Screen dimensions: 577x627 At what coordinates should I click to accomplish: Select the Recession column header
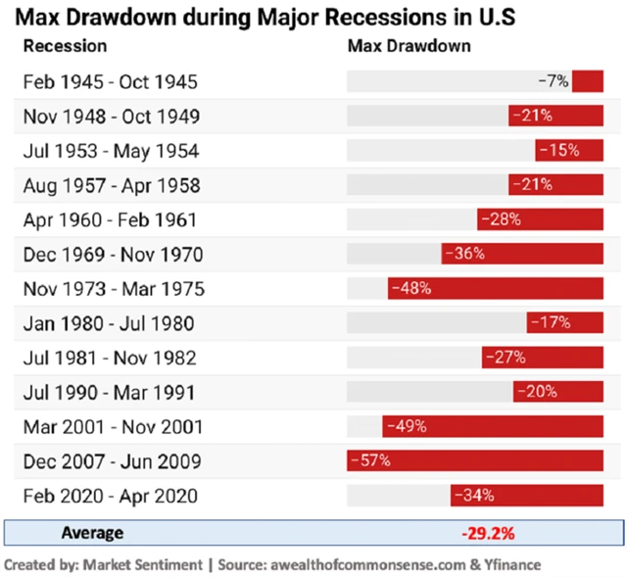[x=65, y=46]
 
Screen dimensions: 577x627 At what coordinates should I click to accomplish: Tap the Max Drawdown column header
[x=410, y=46]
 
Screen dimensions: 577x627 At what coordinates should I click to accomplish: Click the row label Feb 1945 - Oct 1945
[x=111, y=81]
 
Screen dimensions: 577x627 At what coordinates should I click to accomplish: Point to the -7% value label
[x=554, y=81]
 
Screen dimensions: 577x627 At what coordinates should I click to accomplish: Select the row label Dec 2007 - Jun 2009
[x=112, y=460]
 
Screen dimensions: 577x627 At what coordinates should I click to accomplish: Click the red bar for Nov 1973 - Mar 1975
[x=496, y=289]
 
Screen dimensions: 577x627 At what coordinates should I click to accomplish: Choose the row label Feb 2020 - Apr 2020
[x=111, y=496]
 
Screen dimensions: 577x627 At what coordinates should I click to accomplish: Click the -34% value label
[x=474, y=496]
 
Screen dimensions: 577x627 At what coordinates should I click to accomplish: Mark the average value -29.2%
[x=488, y=534]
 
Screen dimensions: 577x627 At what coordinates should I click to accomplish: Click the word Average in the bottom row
[x=92, y=533]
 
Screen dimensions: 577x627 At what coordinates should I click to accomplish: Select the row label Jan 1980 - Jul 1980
[x=109, y=323]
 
